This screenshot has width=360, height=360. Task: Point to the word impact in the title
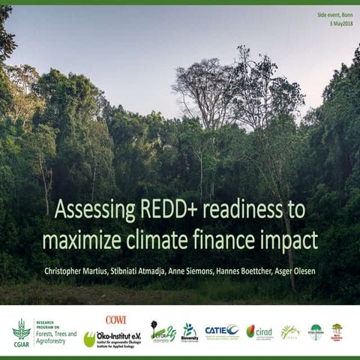(x=291, y=239)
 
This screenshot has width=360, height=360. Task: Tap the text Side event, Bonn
(x=334, y=15)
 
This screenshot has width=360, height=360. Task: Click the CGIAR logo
(x=22, y=331)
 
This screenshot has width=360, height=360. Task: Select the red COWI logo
(x=115, y=319)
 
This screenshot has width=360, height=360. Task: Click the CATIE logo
(x=222, y=330)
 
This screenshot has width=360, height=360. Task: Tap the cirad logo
(x=260, y=331)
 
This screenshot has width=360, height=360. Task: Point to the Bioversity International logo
(x=190, y=331)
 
